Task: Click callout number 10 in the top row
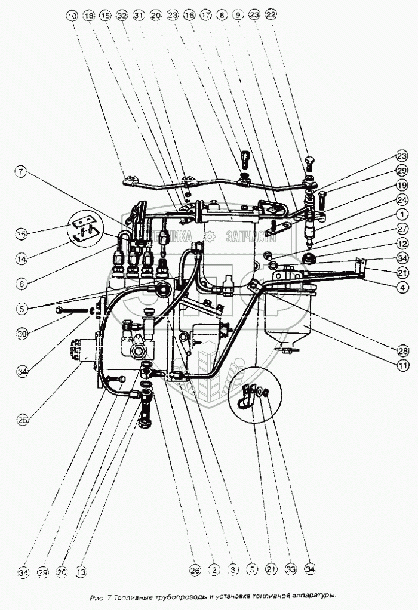click(72, 14)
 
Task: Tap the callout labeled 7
click(21, 173)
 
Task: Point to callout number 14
click(21, 259)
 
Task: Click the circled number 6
click(21, 284)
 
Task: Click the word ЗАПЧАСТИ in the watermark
click(250, 238)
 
